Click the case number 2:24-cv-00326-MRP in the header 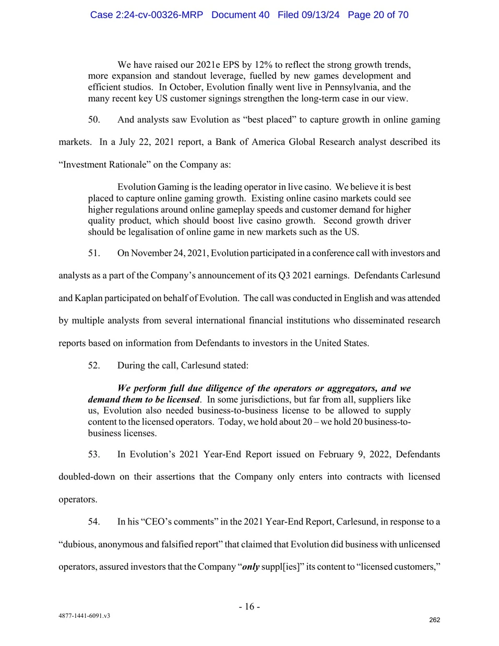(146, 15)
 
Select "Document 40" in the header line (240, 15)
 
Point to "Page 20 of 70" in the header (378, 15)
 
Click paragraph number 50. (94, 119)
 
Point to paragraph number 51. (94, 253)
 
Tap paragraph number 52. (94, 365)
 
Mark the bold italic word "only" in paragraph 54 (251, 567)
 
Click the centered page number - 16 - (249, 606)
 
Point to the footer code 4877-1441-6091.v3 (84, 616)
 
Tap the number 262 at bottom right (434, 620)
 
